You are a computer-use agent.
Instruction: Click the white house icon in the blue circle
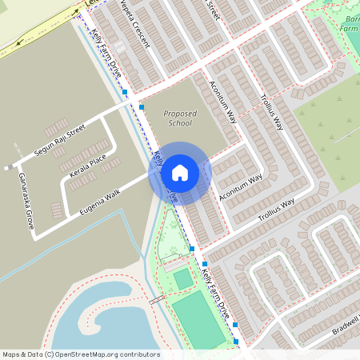click(180, 173)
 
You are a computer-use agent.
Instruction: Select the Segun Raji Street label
click(59, 141)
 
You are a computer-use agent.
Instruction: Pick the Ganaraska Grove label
click(26, 206)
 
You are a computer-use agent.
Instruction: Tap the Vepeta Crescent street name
click(135, 22)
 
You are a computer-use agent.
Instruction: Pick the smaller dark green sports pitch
click(183, 278)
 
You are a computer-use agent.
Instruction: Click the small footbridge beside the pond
click(157, 300)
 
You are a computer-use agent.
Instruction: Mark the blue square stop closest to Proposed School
click(142, 106)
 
